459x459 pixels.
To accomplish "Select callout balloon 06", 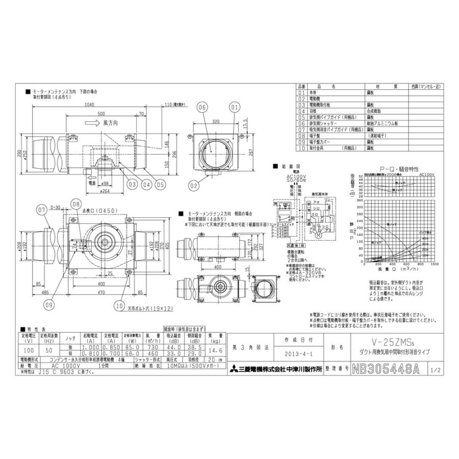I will [x=202, y=108].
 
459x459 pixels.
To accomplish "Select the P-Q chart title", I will [x=393, y=167].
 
